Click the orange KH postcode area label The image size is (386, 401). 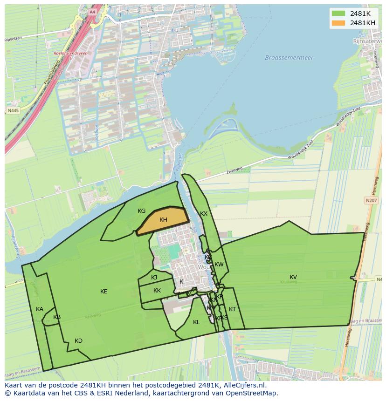click(x=163, y=220)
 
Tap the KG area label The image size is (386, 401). click(x=141, y=211)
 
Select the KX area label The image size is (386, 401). click(x=204, y=214)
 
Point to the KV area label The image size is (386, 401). click(x=293, y=277)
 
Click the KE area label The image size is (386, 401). click(x=103, y=292)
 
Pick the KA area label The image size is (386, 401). click(x=40, y=309)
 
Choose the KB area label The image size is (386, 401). click(x=57, y=317)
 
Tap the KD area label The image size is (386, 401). click(x=78, y=341)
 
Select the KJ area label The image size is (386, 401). click(x=154, y=278)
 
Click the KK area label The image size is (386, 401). click(x=157, y=291)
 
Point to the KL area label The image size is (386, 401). click(x=196, y=322)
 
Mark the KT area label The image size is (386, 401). click(x=232, y=309)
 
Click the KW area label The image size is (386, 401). click(x=219, y=265)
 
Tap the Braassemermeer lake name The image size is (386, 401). click(x=289, y=58)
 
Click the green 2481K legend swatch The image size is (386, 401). click(x=338, y=14)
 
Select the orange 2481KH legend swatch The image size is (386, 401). click(x=338, y=23)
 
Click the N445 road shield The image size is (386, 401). click(x=13, y=111)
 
